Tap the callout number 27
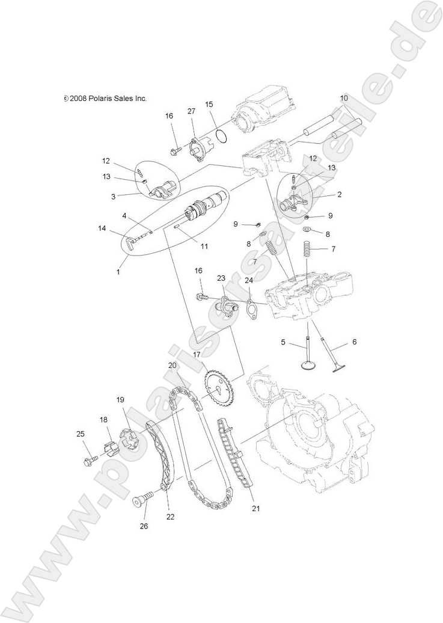[x=191, y=111]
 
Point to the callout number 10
[x=344, y=98]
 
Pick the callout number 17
[x=196, y=355]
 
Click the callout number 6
[x=354, y=342]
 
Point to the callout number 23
[x=221, y=278]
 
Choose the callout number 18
[x=103, y=420]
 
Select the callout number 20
[x=172, y=365]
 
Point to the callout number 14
[x=102, y=228]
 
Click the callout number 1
[x=118, y=272]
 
